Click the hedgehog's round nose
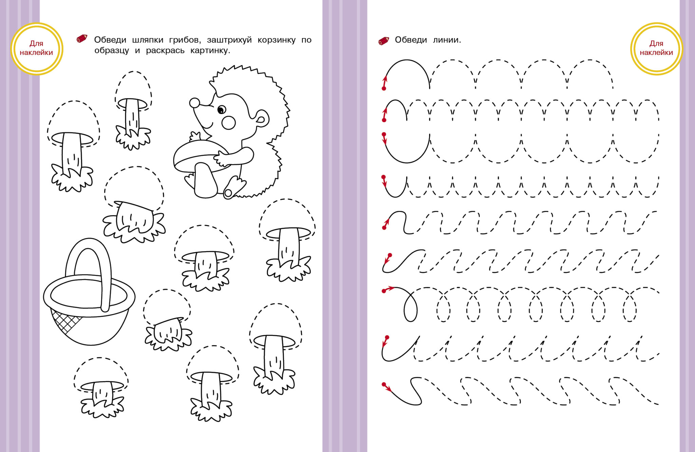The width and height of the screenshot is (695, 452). [194, 103]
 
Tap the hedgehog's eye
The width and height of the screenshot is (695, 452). [221, 110]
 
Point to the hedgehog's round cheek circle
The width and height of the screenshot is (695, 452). [228, 123]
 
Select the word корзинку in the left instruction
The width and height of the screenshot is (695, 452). [277, 40]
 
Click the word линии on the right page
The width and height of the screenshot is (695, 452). [447, 40]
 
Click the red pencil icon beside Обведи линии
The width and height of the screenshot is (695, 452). [384, 41]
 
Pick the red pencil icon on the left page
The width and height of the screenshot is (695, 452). [82, 38]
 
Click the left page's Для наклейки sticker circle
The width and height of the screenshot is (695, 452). [37, 48]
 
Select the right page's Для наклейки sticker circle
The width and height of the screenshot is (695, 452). [656, 48]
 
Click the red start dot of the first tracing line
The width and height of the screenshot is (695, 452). [384, 89]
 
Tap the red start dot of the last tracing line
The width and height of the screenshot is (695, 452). [384, 384]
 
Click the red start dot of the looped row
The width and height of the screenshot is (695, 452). [384, 291]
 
